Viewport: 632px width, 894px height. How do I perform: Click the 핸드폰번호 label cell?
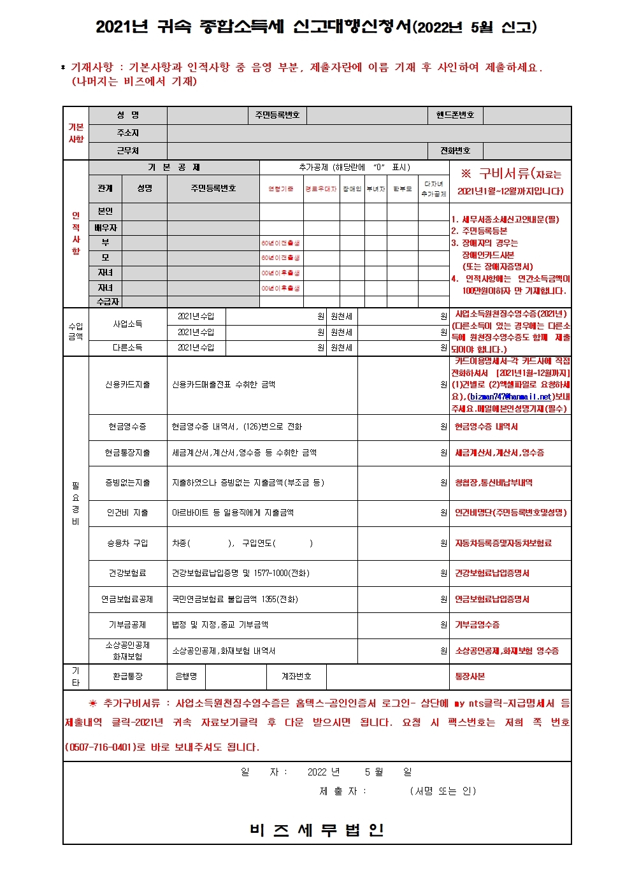click(x=455, y=115)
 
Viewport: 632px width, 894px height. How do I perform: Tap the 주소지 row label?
click(x=127, y=133)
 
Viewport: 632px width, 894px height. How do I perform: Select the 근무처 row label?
click(x=127, y=151)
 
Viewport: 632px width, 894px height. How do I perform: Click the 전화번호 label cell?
click(x=455, y=151)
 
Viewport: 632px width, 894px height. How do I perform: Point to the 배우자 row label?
click(x=105, y=227)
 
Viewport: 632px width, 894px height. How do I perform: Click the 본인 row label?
click(x=105, y=212)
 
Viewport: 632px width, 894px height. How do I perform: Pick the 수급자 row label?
click(x=108, y=301)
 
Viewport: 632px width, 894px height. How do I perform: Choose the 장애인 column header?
click(x=352, y=189)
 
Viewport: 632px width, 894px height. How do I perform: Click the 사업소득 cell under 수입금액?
click(x=127, y=324)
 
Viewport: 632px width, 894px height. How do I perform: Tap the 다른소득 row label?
click(x=127, y=348)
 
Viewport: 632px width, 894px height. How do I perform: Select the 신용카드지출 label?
click(x=127, y=385)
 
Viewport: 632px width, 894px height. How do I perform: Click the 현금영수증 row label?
click(x=127, y=427)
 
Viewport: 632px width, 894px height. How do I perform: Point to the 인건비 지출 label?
click(x=127, y=513)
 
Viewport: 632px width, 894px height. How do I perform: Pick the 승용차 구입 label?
click(x=127, y=544)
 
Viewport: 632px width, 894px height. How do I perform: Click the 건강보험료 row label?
click(x=127, y=573)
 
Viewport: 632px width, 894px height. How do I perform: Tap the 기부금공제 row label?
click(x=127, y=625)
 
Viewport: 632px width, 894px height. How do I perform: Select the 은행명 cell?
click(x=186, y=677)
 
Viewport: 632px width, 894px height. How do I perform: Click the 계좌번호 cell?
click(x=296, y=677)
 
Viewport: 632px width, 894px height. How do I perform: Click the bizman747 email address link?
click(x=510, y=396)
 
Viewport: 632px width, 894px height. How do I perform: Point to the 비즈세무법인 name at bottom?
click(x=317, y=830)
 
